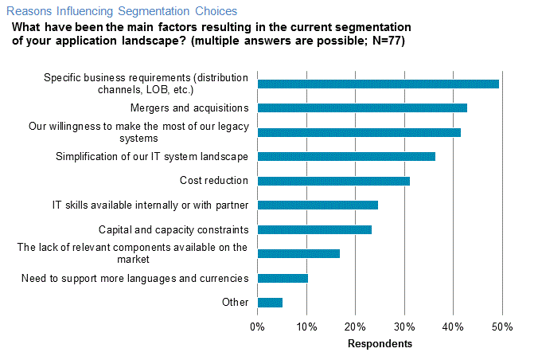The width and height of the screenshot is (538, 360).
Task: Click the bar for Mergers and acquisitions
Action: point(362,108)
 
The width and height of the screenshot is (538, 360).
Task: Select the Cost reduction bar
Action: point(333,181)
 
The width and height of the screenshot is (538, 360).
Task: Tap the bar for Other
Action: point(270,303)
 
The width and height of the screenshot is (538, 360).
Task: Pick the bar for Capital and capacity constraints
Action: point(314,229)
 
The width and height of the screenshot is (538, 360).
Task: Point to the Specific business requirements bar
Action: point(378,84)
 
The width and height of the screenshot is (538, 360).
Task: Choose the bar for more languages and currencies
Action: point(283,278)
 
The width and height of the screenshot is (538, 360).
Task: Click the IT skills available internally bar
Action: point(318,205)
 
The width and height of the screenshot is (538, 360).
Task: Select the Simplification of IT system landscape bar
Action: point(346,156)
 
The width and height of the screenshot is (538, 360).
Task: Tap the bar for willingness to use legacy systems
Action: point(359,132)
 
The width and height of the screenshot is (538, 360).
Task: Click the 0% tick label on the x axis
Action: point(258,327)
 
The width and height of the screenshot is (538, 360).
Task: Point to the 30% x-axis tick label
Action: point(404,327)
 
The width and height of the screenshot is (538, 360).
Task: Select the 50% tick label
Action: point(502,327)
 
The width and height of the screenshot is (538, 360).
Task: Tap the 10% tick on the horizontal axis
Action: point(306,327)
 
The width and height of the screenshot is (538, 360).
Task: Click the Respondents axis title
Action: point(380,344)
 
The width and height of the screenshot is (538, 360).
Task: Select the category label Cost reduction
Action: point(214,181)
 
